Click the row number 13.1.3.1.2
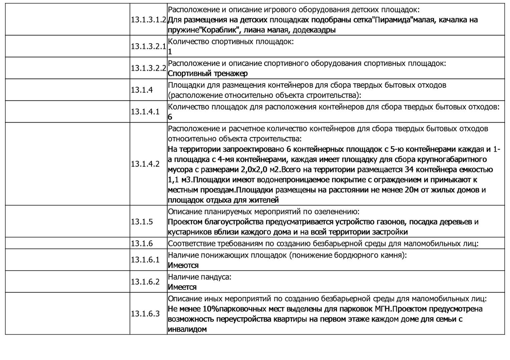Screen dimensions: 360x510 coord(148,20)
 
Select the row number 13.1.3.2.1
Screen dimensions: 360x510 coord(148,46)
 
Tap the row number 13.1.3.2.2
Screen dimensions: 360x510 coord(148,68)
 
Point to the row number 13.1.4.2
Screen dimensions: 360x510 coord(145,164)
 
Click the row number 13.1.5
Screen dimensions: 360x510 coord(142,222)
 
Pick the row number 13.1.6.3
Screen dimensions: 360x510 coord(145,314)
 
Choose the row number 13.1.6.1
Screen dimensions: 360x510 coord(145,260)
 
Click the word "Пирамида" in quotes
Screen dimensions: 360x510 coord(393,20)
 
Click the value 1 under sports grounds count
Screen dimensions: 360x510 coord(170,52)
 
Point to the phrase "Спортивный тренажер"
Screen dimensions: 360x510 coord(208,73)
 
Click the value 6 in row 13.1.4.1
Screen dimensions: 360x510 coord(170,117)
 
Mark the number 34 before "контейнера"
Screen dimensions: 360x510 coord(409,170)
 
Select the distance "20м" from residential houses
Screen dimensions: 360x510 coord(404,190)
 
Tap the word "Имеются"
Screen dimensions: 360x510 coord(183,265)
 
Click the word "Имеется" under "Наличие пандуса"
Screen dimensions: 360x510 coord(182,287)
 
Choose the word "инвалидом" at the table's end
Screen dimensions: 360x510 coord(187,329)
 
